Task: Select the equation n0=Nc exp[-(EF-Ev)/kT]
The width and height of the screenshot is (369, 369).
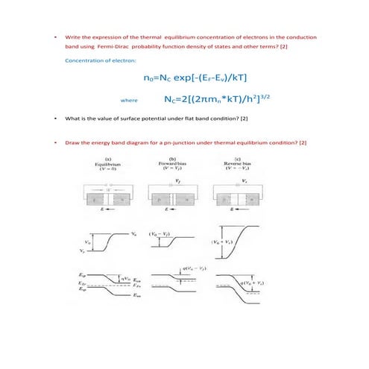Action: (195, 77)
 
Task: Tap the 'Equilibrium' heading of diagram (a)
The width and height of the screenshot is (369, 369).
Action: (109, 165)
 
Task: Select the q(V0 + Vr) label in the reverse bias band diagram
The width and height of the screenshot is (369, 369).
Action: (249, 285)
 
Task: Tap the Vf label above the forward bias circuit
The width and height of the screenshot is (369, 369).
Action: (177, 179)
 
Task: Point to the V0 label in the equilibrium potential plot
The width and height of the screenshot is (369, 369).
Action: (89, 242)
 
